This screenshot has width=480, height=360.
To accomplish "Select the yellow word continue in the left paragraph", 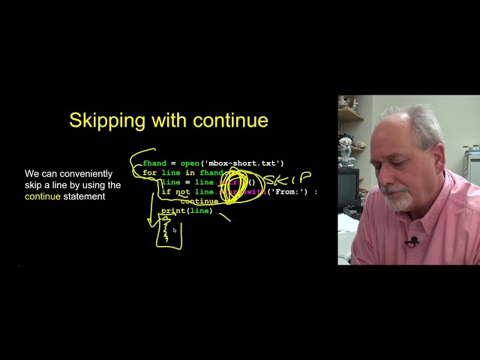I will point(42,197).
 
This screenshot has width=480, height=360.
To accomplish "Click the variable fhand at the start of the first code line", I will point(154,163).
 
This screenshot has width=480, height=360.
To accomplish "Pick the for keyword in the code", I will point(149,173).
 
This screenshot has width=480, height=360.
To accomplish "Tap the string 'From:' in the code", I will point(288,192).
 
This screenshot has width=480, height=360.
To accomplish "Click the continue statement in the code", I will point(199,202).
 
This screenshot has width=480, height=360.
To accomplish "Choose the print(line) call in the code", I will point(187,211).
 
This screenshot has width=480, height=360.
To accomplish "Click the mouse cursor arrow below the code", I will point(175,231).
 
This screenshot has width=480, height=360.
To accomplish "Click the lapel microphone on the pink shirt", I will point(411,241).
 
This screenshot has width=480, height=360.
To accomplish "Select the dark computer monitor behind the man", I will point(348,187).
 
